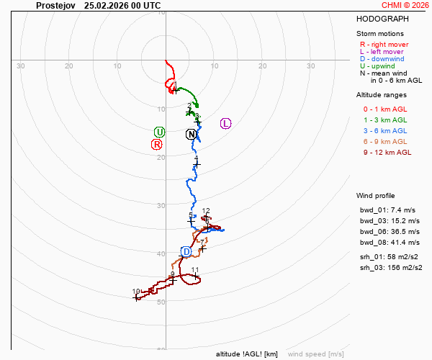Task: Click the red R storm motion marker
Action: [x=156, y=144]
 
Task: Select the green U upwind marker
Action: [x=159, y=132]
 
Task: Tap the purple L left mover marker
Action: [x=225, y=123]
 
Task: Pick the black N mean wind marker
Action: [x=191, y=134]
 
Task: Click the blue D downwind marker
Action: [x=186, y=251]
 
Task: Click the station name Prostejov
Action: [x=56, y=4]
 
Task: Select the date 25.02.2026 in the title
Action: [x=106, y=4]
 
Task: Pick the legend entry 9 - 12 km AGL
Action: [x=387, y=152]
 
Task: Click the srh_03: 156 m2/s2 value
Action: [x=388, y=267]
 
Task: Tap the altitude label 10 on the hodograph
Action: [x=136, y=292]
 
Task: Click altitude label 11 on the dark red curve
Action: [x=195, y=270]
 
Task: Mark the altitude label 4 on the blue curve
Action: [x=196, y=158]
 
